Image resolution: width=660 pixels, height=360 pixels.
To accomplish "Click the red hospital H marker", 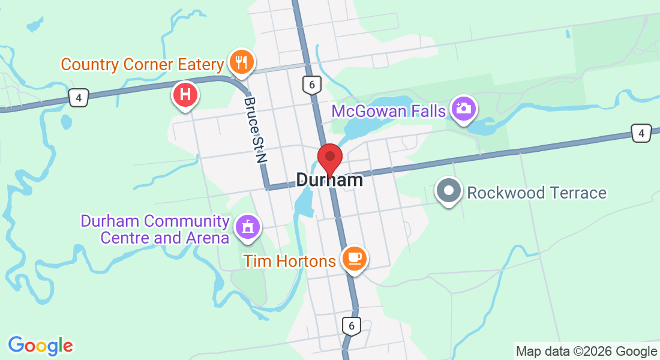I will (x=186, y=95).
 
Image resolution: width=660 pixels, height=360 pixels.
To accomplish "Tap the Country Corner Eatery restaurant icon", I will (x=241, y=62).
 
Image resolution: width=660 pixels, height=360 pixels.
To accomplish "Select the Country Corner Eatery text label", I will (x=143, y=64).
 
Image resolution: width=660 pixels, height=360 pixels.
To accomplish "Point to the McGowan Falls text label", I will (x=389, y=111).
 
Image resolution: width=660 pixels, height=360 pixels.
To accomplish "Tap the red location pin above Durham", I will (x=329, y=158).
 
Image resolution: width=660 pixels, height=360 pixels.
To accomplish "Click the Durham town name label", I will (x=329, y=180).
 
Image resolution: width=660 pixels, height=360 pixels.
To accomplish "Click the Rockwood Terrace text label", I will (x=536, y=193).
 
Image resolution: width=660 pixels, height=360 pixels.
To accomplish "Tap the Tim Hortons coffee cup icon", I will (x=354, y=258).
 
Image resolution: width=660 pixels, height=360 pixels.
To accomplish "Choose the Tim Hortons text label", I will (x=289, y=261).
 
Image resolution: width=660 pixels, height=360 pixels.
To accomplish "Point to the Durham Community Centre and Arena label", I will (x=156, y=230).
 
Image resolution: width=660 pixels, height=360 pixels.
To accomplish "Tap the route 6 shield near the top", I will (x=310, y=85).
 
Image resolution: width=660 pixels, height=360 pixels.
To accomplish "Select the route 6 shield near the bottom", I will (x=352, y=326).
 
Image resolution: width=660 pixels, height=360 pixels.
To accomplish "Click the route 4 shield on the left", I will (x=79, y=97).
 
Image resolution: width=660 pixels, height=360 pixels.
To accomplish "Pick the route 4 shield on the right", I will (x=641, y=133).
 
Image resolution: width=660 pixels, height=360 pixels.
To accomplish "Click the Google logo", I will (x=41, y=346).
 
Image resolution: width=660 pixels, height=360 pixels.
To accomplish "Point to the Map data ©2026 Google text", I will (x=586, y=352).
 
